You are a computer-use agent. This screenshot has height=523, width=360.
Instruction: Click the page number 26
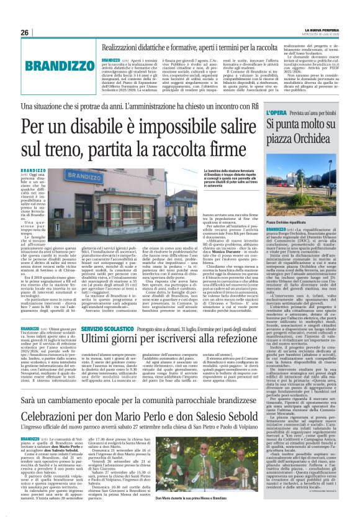click(25, 32)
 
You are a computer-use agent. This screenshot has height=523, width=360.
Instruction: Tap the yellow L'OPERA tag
click(276, 112)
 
